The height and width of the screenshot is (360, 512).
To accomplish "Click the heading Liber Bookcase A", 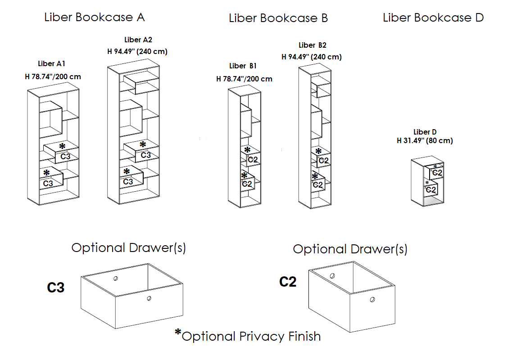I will (x=95, y=18).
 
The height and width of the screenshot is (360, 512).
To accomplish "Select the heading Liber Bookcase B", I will (x=278, y=18).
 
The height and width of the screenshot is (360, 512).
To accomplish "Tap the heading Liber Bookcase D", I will (x=433, y=18).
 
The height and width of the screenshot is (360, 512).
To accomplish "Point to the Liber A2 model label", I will (x=138, y=40).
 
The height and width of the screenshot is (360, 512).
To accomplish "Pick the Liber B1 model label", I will (x=243, y=66).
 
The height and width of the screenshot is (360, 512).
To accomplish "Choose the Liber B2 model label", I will (x=313, y=45).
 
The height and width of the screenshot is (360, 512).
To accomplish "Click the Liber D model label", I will (x=425, y=132).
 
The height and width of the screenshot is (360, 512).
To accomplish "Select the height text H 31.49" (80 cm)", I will (x=425, y=141).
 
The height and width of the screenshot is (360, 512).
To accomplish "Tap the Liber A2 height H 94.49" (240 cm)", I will (x=137, y=51).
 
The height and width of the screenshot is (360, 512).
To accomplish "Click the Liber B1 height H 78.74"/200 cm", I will (x=244, y=79).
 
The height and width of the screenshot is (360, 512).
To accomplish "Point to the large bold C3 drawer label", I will (x=56, y=288).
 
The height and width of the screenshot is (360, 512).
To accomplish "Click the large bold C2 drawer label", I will (x=288, y=282).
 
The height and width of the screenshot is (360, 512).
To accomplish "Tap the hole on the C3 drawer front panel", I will (x=149, y=298).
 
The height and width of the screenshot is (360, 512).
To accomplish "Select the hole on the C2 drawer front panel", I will (x=372, y=300).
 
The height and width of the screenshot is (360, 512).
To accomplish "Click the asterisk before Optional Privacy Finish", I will (x=178, y=333).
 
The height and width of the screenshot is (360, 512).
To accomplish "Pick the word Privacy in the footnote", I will (x=260, y=336).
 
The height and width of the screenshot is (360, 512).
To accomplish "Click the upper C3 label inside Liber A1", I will (x=65, y=157).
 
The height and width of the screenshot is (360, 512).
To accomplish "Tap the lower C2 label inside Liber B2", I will (x=317, y=184).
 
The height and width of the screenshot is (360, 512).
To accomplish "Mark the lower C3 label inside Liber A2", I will (x=128, y=182).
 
